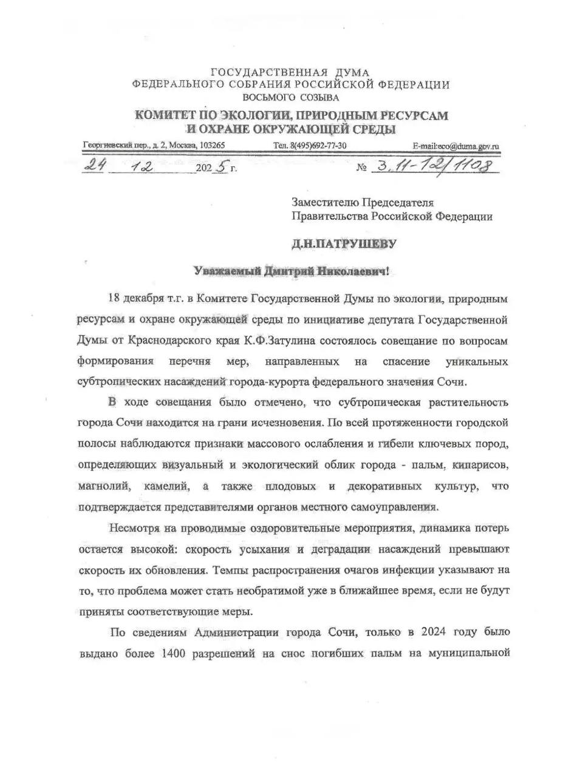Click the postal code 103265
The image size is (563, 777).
(213, 146)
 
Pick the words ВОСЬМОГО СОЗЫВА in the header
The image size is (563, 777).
(291, 97)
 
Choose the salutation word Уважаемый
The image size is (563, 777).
(226, 271)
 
